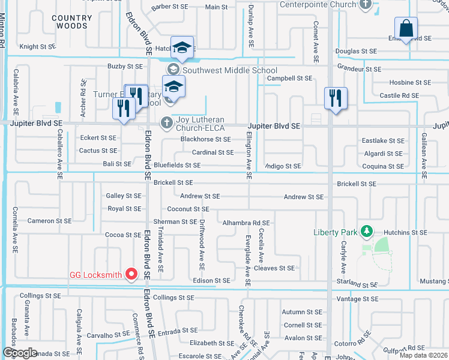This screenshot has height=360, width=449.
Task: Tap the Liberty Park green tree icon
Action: point(366,232)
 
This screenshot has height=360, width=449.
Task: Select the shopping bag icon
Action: point(406,28)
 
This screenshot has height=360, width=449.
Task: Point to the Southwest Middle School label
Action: point(230,70)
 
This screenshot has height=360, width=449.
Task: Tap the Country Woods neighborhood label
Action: point(71,22)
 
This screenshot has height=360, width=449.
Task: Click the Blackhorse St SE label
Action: point(206,139)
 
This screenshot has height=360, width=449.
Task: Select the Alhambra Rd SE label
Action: point(246,223)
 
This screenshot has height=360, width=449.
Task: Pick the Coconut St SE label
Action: point(188,209)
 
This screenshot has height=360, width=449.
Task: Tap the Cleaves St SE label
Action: point(274,268)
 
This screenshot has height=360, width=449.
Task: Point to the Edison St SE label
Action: point(211,280)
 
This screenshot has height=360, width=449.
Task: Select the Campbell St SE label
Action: point(289,78)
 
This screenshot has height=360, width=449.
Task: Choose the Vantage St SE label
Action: point(357,298)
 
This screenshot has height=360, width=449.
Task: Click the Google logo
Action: point(20,353)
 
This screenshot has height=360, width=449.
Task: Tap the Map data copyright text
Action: point(423,355)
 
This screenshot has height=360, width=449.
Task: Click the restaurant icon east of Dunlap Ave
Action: point(335,98)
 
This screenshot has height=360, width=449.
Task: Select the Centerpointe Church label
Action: point(318,5)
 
